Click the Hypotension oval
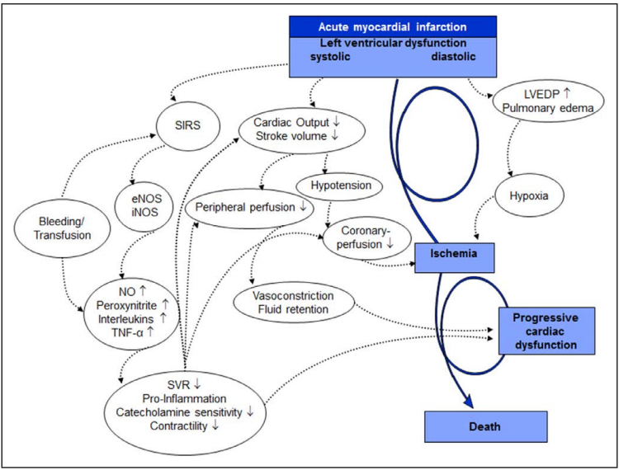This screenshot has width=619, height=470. (343, 186)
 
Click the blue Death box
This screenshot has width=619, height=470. (486, 426)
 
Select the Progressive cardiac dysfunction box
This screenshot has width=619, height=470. (545, 331)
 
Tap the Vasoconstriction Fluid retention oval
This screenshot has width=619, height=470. (295, 303)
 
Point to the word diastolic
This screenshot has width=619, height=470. (458, 57)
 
